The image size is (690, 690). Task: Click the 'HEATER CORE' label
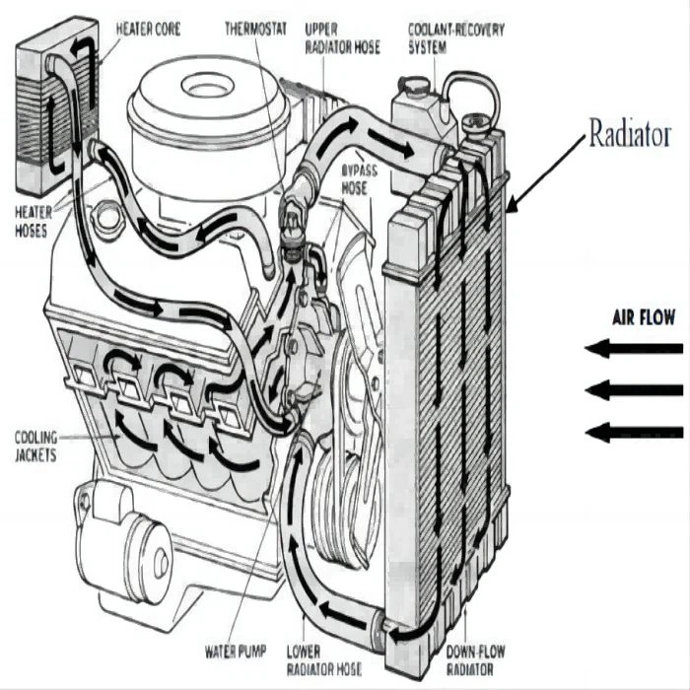point(148,29)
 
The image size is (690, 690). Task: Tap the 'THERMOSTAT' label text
point(254,29)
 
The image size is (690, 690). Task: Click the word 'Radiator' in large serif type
point(630,135)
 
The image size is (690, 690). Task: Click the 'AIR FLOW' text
point(644,317)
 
